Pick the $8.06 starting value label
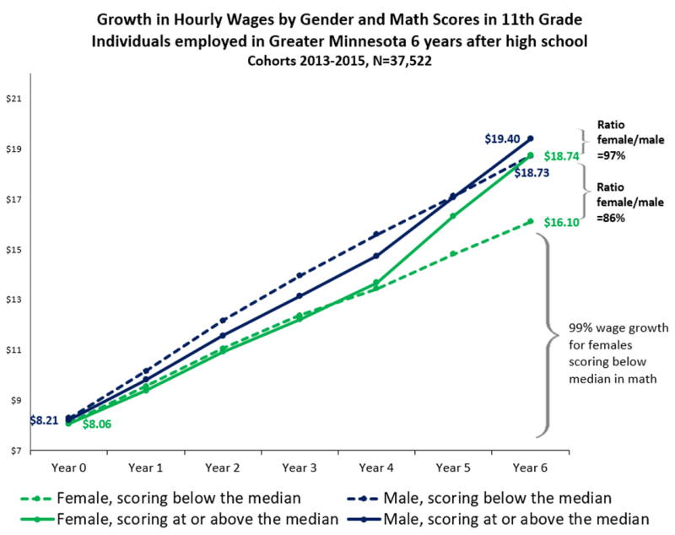point(100,424)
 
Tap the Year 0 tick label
point(68,466)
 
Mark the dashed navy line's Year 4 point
point(375,234)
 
